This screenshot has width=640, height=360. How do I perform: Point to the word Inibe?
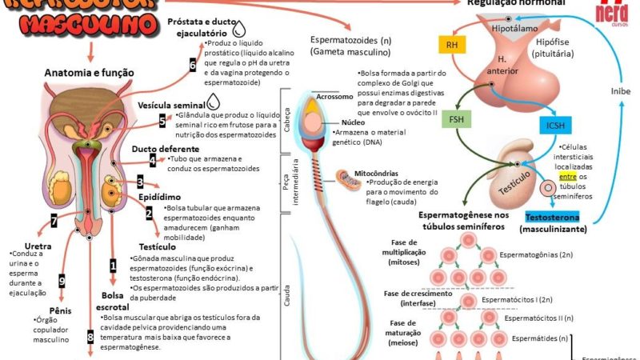click(621, 90)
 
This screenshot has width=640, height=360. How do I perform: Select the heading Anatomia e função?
click(89, 73)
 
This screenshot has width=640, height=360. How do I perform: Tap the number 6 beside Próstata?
click(193, 66)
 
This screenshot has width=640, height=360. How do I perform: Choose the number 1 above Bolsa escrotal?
click(113, 264)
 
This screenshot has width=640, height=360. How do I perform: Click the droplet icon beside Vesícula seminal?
click(214, 102)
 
